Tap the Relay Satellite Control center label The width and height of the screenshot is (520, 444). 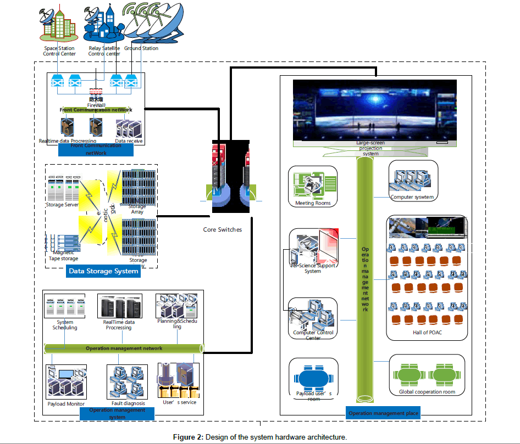coord(104,51)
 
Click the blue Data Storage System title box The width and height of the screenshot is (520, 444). coord(103,271)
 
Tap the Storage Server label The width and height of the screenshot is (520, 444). coord(62,205)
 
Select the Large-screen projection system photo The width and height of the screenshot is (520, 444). coord(375,110)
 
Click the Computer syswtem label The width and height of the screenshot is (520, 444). coord(412,197)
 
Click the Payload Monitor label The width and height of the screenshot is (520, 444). coord(65,404)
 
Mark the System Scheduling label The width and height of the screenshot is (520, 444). coord(65,325)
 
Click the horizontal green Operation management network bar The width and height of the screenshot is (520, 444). coord(124,348)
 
